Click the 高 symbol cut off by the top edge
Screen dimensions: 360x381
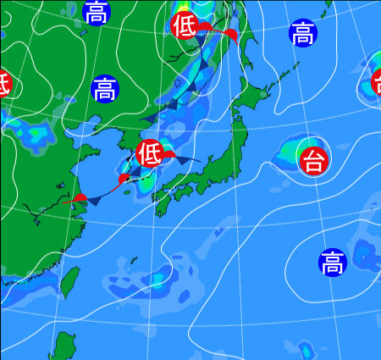97,11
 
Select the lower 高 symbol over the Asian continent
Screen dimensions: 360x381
104,88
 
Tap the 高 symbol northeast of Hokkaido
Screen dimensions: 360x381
302,33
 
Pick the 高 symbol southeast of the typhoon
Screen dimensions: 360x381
333,263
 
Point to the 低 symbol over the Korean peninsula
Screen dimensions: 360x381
149,153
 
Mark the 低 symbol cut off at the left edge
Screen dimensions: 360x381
3,83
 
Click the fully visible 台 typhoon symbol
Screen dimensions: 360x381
313,159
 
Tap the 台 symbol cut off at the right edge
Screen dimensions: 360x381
377,81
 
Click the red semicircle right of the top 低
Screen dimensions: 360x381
229,34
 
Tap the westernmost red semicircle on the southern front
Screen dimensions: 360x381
80,197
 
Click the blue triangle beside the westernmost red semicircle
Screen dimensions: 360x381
96,201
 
